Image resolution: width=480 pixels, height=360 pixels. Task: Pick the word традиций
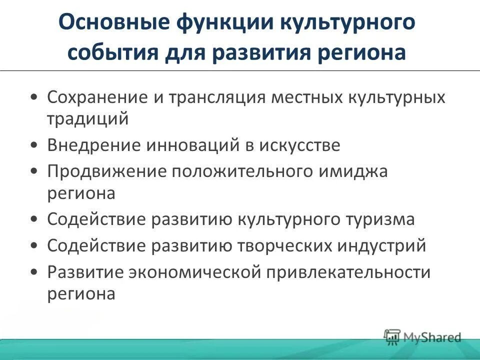coord(88,118)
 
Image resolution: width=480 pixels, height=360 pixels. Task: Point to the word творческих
coord(287,246)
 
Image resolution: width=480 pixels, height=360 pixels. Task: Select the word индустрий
coord(384,246)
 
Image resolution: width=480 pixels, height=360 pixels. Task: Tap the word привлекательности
coord(348,272)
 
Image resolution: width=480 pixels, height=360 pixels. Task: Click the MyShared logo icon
coord(392,337)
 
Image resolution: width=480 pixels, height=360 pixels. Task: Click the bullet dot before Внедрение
coord(33,146)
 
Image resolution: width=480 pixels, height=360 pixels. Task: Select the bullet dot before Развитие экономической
coord(33,273)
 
